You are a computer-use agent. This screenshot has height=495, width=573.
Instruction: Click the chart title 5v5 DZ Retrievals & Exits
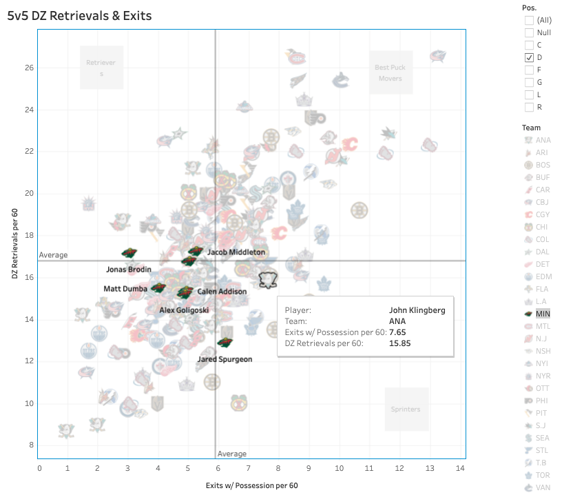tap(80, 15)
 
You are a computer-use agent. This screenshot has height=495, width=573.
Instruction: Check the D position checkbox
tap(529, 57)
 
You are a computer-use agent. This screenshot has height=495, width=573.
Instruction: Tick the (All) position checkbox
tap(529, 20)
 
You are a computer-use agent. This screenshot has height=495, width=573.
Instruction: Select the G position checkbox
tap(529, 82)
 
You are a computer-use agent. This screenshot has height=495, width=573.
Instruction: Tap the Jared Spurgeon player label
tap(225, 359)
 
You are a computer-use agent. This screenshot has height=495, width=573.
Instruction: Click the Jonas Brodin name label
tap(129, 269)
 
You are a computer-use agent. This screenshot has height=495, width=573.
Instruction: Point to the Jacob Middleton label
tap(236, 252)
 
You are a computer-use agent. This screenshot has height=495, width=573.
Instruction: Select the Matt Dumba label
tap(125, 288)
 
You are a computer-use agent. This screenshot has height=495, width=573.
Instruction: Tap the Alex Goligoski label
tap(185, 310)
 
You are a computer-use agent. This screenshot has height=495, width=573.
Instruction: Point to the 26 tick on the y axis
tap(30, 68)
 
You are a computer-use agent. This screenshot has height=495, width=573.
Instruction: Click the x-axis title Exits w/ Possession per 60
tap(251, 485)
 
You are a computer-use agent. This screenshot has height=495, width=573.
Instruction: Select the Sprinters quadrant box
tap(406, 409)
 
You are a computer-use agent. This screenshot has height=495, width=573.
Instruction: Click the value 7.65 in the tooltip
tap(397, 332)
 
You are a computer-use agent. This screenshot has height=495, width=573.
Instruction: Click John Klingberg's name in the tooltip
tap(417, 310)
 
